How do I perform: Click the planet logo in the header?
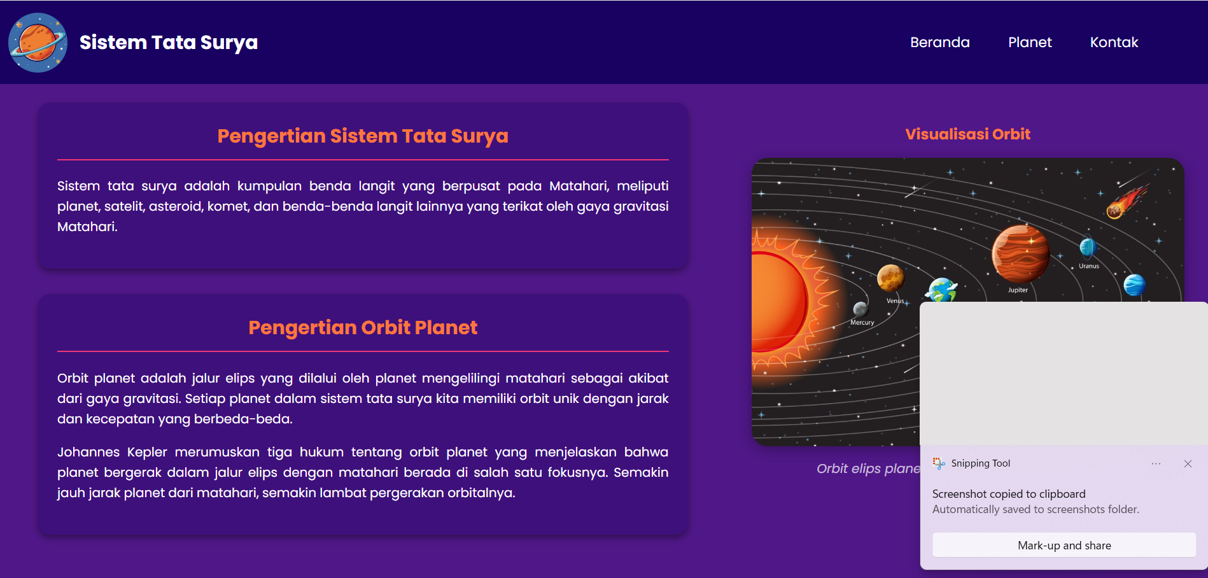click(x=38, y=43)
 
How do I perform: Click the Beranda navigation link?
click(x=939, y=43)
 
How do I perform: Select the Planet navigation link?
click(x=1030, y=43)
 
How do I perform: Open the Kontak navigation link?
click(x=1114, y=43)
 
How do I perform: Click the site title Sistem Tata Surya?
click(x=169, y=43)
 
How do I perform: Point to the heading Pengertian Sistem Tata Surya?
click(x=363, y=136)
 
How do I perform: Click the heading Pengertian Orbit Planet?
click(x=363, y=328)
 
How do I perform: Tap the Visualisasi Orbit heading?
click(x=967, y=134)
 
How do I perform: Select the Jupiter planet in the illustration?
click(x=1020, y=254)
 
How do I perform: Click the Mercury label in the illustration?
click(x=862, y=323)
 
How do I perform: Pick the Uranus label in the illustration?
click(x=1089, y=266)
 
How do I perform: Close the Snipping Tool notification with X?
click(x=1188, y=464)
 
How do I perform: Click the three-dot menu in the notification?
click(x=1156, y=464)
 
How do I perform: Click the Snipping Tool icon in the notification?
click(x=939, y=463)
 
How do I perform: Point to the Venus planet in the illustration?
click(x=890, y=278)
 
